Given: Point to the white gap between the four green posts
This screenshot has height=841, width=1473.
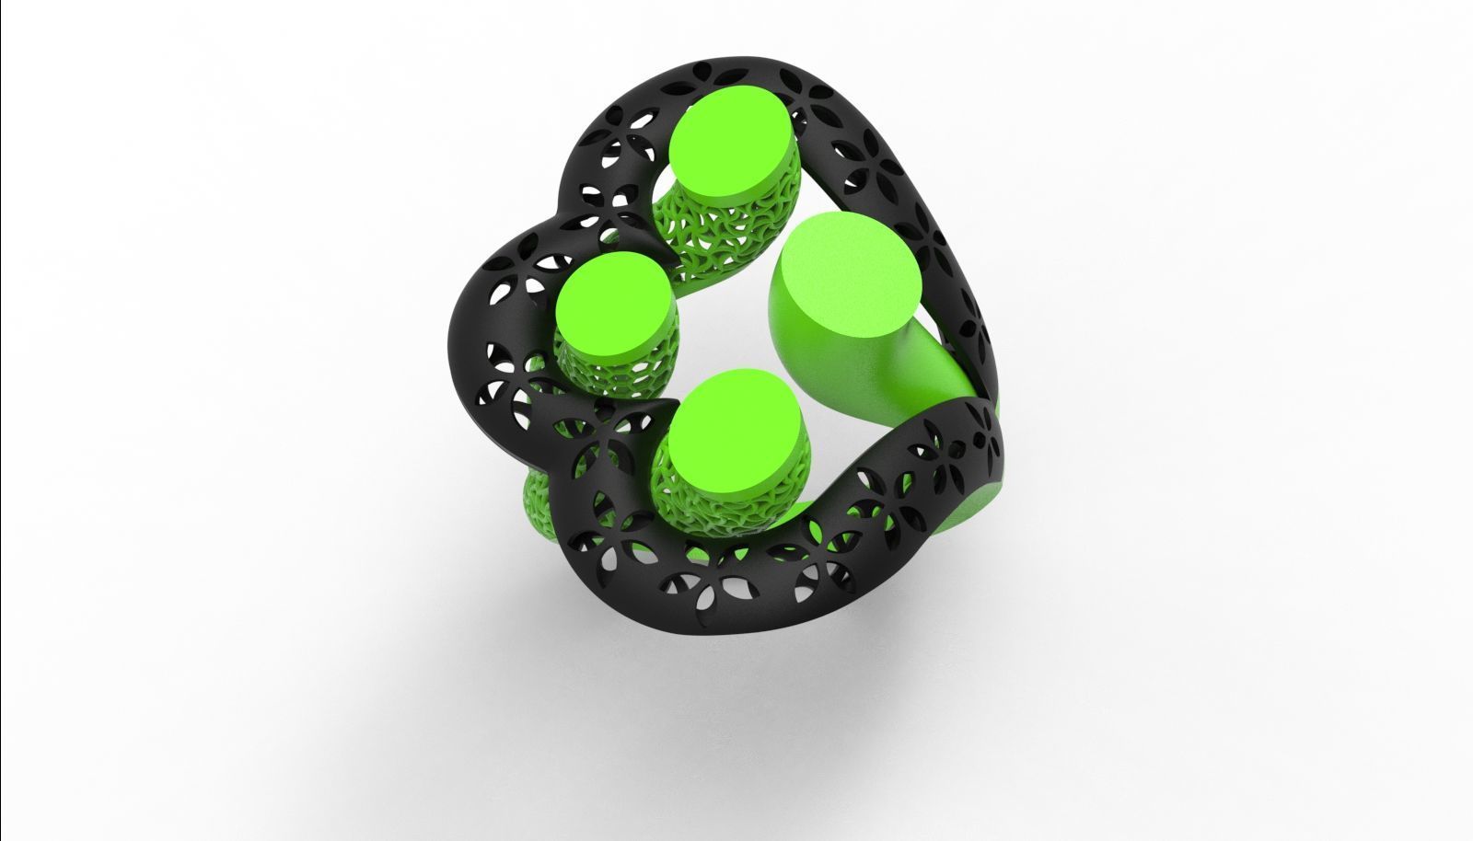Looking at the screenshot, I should (x=727, y=331).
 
